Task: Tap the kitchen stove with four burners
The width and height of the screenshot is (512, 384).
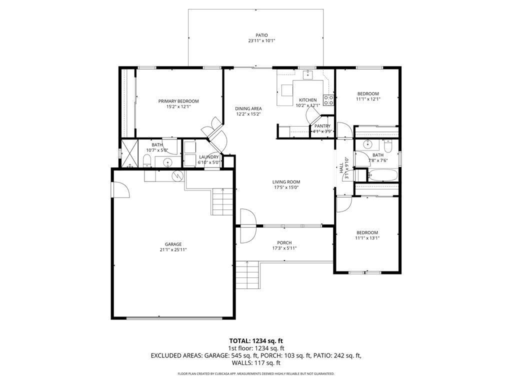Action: click(x=328, y=100)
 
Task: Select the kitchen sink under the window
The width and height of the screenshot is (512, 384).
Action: click(x=308, y=75)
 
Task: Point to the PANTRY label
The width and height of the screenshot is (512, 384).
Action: click(x=322, y=126)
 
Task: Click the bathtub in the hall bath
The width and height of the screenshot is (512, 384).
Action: click(x=382, y=175)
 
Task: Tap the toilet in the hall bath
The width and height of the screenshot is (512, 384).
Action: click(x=388, y=146)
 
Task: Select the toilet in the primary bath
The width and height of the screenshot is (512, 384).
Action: click(x=147, y=160)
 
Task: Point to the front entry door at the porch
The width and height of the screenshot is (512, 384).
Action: click(x=248, y=218)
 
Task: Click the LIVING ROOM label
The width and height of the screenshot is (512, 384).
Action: click(x=286, y=182)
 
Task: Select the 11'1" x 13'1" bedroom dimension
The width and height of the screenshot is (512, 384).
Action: click(x=367, y=238)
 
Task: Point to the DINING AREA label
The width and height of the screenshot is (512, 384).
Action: click(x=248, y=108)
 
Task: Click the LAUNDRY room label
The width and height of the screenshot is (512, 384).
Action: click(x=208, y=157)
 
